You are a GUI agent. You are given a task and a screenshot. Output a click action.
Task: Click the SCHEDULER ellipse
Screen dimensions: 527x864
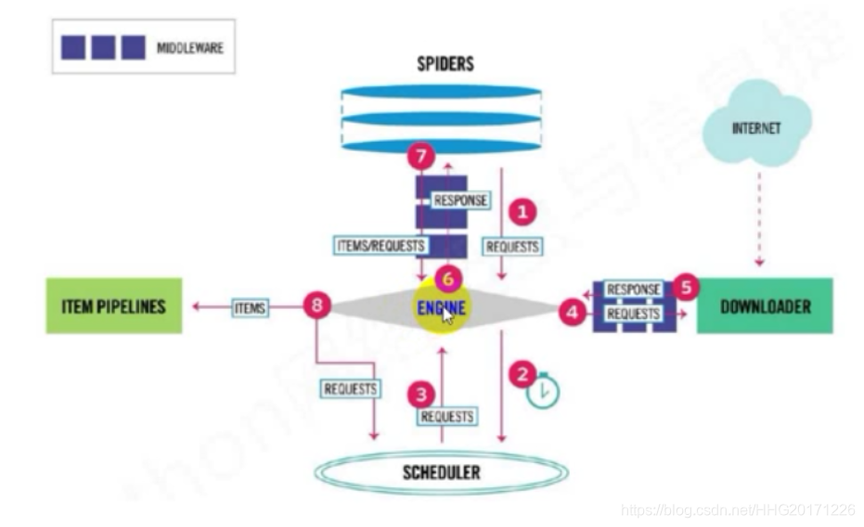point(441,472)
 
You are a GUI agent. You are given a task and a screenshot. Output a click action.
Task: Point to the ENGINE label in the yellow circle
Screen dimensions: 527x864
point(442,307)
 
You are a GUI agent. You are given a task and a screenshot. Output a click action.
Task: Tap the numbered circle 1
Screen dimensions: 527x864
point(524,212)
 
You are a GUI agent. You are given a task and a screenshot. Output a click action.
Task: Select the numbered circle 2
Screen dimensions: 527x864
point(525,375)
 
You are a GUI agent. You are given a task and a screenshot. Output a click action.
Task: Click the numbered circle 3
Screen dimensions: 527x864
point(422,394)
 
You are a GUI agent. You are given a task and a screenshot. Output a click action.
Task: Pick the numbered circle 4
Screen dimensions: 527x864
point(572,314)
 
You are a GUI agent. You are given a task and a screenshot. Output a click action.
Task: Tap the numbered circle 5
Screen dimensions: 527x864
point(685,287)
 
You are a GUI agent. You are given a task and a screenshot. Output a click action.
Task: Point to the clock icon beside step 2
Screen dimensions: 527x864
point(544,392)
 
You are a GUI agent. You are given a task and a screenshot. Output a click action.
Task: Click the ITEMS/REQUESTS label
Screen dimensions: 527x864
point(380,246)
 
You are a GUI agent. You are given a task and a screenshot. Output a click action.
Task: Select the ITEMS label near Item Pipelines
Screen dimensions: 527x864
point(249,307)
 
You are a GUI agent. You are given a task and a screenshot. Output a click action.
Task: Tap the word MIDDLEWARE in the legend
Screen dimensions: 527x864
point(189,47)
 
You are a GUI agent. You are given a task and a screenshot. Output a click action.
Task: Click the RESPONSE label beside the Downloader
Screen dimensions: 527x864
point(634,289)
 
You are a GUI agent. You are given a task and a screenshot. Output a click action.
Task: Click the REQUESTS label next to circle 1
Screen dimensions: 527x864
point(512,247)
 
